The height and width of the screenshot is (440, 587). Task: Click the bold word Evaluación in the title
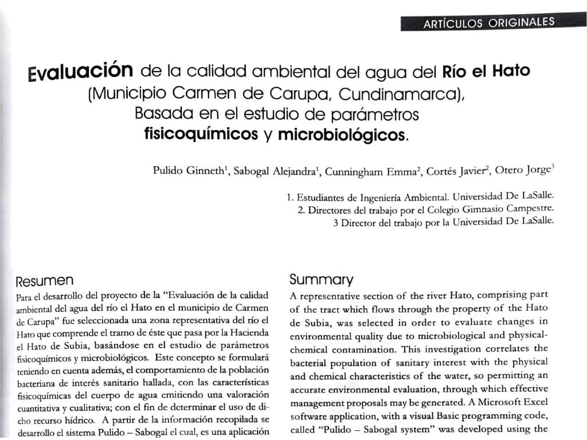click(81, 73)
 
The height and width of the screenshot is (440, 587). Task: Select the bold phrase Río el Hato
click(486, 73)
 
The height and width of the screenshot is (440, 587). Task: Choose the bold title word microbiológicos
click(342, 135)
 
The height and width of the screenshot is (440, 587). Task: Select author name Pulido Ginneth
click(190, 171)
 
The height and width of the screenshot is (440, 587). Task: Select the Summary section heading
click(321, 280)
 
